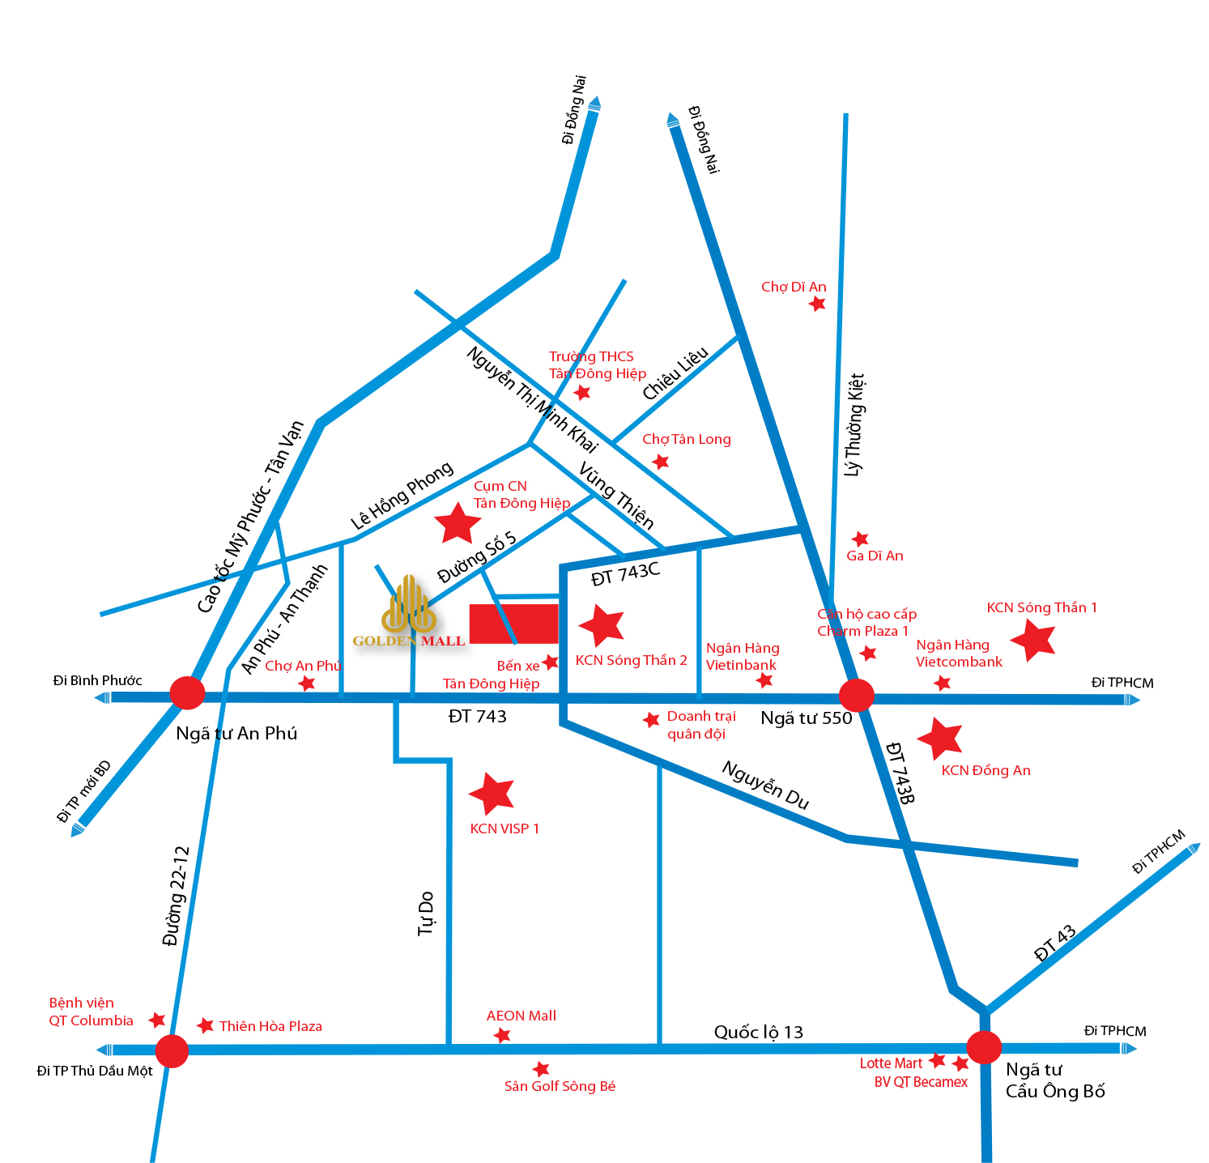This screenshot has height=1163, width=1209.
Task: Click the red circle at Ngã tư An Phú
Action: coord(187,693)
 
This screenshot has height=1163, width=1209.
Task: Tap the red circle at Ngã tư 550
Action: coord(856,695)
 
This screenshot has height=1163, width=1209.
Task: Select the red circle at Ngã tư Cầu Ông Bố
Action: coord(984,1047)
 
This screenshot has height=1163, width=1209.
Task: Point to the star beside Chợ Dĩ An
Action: coord(818,304)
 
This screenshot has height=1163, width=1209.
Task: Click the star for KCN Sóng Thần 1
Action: coord(1033,640)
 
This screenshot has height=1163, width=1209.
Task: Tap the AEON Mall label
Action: coord(521,1016)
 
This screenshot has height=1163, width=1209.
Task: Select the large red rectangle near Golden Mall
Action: coord(513,624)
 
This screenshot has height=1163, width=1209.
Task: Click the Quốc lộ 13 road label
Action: coord(758,1032)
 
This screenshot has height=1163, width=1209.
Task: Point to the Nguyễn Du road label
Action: coord(765,784)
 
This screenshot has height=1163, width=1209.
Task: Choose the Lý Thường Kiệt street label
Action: coord(854,425)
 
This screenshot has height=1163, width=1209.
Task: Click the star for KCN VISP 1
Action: coord(492,793)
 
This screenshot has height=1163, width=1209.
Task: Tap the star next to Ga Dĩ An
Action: coord(860,539)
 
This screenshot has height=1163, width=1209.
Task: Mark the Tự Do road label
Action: coord(426,914)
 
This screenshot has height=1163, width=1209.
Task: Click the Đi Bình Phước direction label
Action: coord(97,680)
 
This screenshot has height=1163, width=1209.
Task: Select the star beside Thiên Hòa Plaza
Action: coord(206,1025)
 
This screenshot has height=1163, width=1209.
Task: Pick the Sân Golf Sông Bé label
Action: coord(560,1086)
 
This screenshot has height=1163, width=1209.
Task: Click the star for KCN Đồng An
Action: coord(940,737)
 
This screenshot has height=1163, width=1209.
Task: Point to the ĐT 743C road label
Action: coord(625,573)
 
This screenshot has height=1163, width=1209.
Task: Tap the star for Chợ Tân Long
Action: coord(661,462)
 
